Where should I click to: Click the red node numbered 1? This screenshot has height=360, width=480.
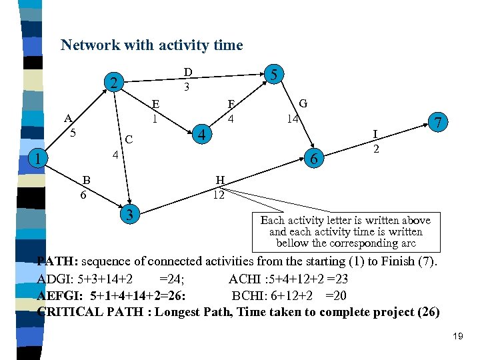pyautogui.click(x=39, y=159)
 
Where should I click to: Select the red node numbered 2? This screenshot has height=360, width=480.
pyautogui.click(x=115, y=83)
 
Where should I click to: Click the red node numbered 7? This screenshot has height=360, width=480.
pyautogui.click(x=438, y=123)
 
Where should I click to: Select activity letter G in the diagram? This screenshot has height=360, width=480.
pyautogui.click(x=303, y=103)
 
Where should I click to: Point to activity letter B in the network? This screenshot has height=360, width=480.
pyautogui.click(x=86, y=180)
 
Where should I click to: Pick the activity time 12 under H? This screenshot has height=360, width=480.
pyautogui.click(x=219, y=195)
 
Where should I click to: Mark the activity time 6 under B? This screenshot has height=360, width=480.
pyautogui.click(x=83, y=195)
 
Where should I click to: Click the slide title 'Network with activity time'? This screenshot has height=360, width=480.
pyautogui.click(x=151, y=45)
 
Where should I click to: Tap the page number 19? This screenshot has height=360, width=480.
pyautogui.click(x=457, y=337)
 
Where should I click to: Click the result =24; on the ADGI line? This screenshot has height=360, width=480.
pyautogui.click(x=172, y=279)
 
